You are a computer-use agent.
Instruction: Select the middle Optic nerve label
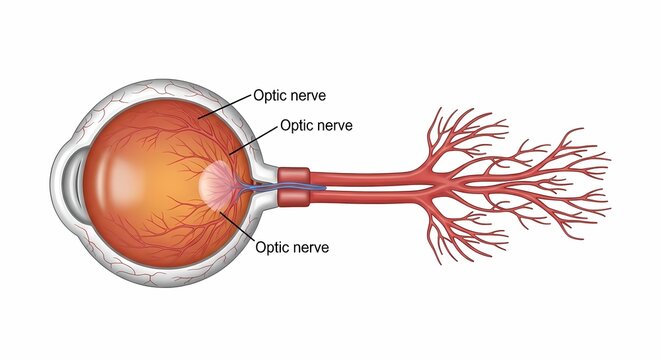click(316, 126)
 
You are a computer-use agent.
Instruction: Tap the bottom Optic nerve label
click(292, 245)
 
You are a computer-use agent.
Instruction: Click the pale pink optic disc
click(219, 183)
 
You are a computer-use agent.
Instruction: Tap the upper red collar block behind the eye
click(296, 175)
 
